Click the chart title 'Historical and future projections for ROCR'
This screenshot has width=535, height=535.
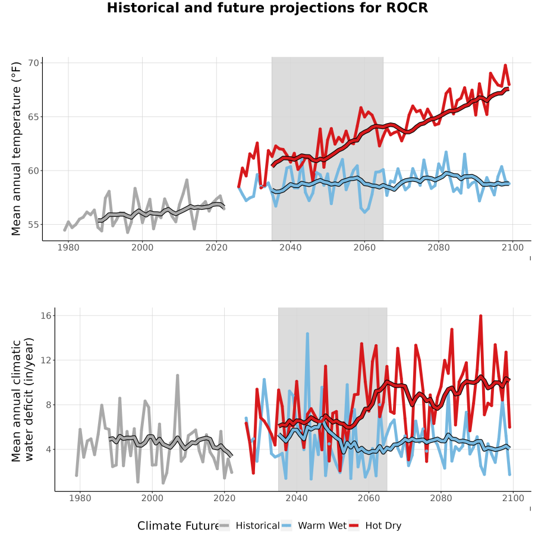coord(267,8)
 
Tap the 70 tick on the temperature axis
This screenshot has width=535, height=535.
coord(33,63)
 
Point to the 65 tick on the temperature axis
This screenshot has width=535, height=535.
coord(33,117)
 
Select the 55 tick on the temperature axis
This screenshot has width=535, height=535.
coord(33,225)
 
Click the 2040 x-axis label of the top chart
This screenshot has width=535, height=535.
coord(290,247)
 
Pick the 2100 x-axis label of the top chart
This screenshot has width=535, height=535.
coord(512,247)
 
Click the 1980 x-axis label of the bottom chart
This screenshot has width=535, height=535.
coord(80,498)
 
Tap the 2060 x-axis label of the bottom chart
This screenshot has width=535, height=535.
coord(369,498)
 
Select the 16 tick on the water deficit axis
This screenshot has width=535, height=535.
coord(46,316)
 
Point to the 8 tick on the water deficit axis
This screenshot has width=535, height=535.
coord(49,405)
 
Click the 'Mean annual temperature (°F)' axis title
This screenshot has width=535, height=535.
coord(16,149)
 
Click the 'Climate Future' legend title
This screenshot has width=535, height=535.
coord(178,526)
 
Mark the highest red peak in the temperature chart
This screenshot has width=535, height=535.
coord(505,65)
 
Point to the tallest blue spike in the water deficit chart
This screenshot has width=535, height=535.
coord(307,333)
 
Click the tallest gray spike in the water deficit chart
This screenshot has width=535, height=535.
coord(177,375)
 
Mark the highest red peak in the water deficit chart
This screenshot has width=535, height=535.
coord(480,316)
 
